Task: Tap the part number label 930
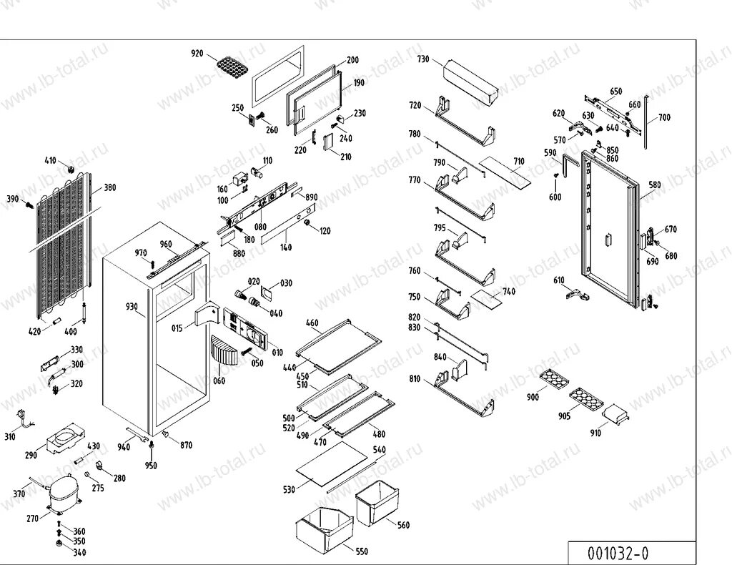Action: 132,306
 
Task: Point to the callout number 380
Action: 109,188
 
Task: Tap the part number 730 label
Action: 423,59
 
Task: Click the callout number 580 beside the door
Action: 655,185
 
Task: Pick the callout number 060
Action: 219,380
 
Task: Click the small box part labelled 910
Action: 614,413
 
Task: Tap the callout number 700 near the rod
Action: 664,117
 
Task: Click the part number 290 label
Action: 31,455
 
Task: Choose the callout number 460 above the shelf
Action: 312,323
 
